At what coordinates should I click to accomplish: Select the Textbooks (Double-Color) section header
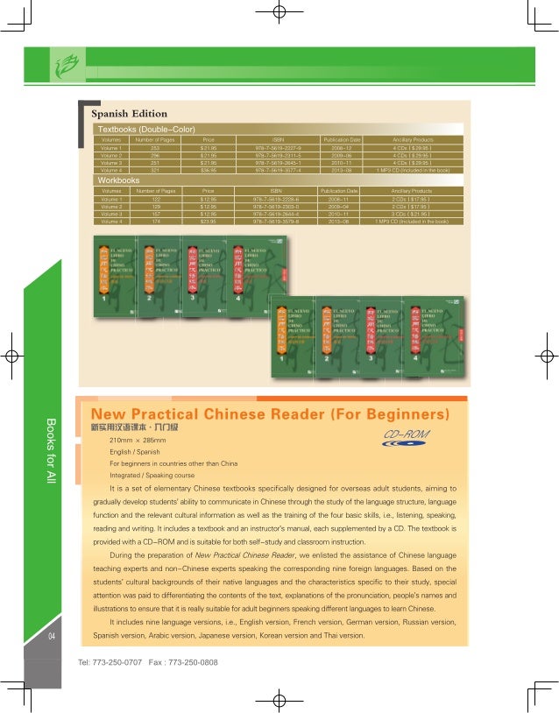145,129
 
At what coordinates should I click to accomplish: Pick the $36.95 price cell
209,170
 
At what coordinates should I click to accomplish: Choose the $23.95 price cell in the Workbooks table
209,222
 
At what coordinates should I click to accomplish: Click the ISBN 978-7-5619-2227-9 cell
277,149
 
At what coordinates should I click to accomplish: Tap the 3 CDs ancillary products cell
412,214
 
